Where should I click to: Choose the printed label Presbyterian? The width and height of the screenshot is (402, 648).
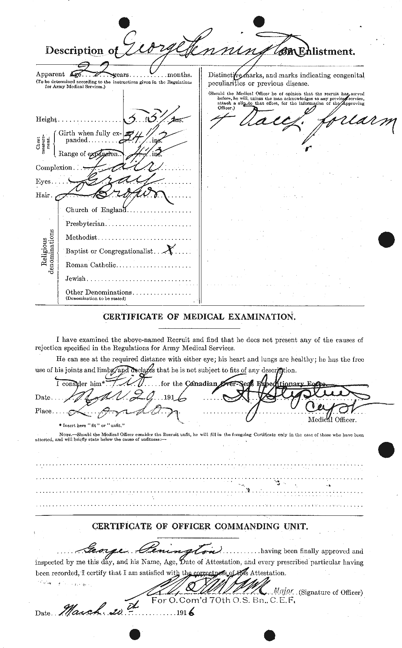(85, 224)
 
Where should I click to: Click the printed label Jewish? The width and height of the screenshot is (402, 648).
(75, 279)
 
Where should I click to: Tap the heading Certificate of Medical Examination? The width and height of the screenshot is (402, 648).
(199, 316)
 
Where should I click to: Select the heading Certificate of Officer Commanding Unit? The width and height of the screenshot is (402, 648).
(199, 526)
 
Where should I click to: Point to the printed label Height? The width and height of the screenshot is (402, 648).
(46, 120)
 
